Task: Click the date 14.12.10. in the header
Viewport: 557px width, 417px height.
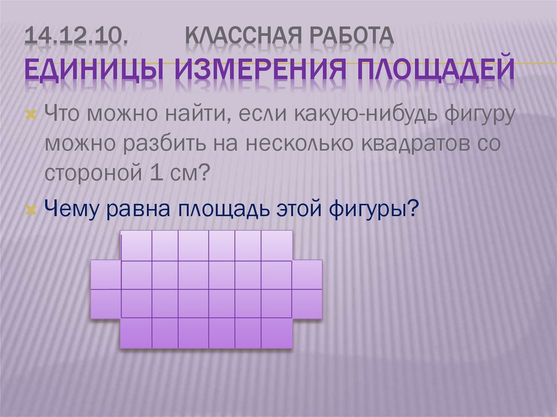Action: click(77, 38)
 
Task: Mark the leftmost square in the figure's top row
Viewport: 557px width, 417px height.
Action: click(136, 246)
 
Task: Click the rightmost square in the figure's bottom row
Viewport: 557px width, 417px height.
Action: click(277, 333)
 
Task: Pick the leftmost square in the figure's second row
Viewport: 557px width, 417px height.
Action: click(106, 275)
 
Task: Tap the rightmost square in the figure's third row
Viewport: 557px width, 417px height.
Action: click(307, 303)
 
